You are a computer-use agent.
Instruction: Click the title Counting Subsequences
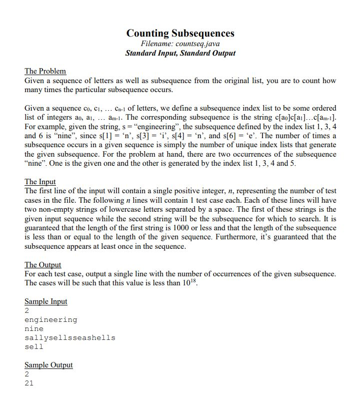[180, 34]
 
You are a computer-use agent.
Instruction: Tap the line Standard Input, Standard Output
[180, 53]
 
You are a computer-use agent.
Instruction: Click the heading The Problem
[45, 71]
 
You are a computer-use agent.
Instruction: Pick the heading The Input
[40, 182]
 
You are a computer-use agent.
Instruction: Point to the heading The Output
[42, 265]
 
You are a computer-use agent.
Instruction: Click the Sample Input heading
[45, 301]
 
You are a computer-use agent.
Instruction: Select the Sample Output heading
[48, 365]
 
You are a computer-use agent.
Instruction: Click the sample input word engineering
[51, 320]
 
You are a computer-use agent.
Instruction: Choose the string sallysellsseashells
[70, 338]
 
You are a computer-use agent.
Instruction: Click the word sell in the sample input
[34, 347]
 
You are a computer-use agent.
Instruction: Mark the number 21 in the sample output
[29, 383]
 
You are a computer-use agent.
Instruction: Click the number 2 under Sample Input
[27, 311]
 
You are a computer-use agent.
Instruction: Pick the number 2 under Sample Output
[27, 374]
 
